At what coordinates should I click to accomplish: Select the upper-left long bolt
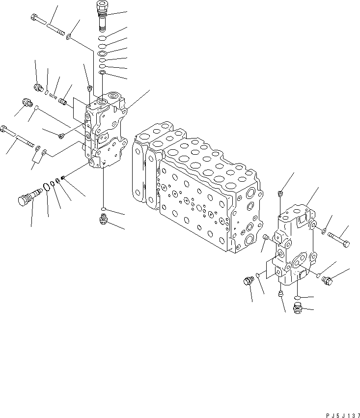[47, 25]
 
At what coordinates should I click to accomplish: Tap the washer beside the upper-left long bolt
[70, 35]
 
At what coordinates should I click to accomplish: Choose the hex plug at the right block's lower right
[327, 280]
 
